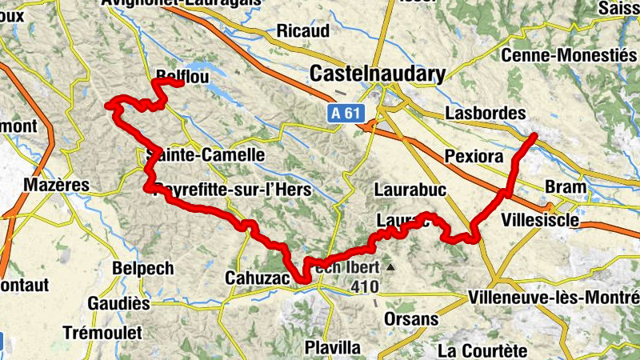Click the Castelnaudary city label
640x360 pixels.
[377, 75]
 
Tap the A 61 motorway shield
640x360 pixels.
[346, 114]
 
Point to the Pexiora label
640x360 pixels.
[475, 154]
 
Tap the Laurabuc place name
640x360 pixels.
[410, 189]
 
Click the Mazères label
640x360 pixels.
[56, 186]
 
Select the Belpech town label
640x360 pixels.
[142, 268]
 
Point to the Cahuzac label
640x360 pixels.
[254, 276]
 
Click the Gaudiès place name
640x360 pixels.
[119, 303]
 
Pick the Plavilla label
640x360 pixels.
[332, 347]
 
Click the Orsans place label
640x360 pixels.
[411, 319]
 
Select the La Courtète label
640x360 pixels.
[482, 350]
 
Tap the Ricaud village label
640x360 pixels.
[303, 31]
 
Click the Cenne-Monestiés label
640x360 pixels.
[567, 55]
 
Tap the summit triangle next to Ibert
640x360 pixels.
[390, 267]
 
